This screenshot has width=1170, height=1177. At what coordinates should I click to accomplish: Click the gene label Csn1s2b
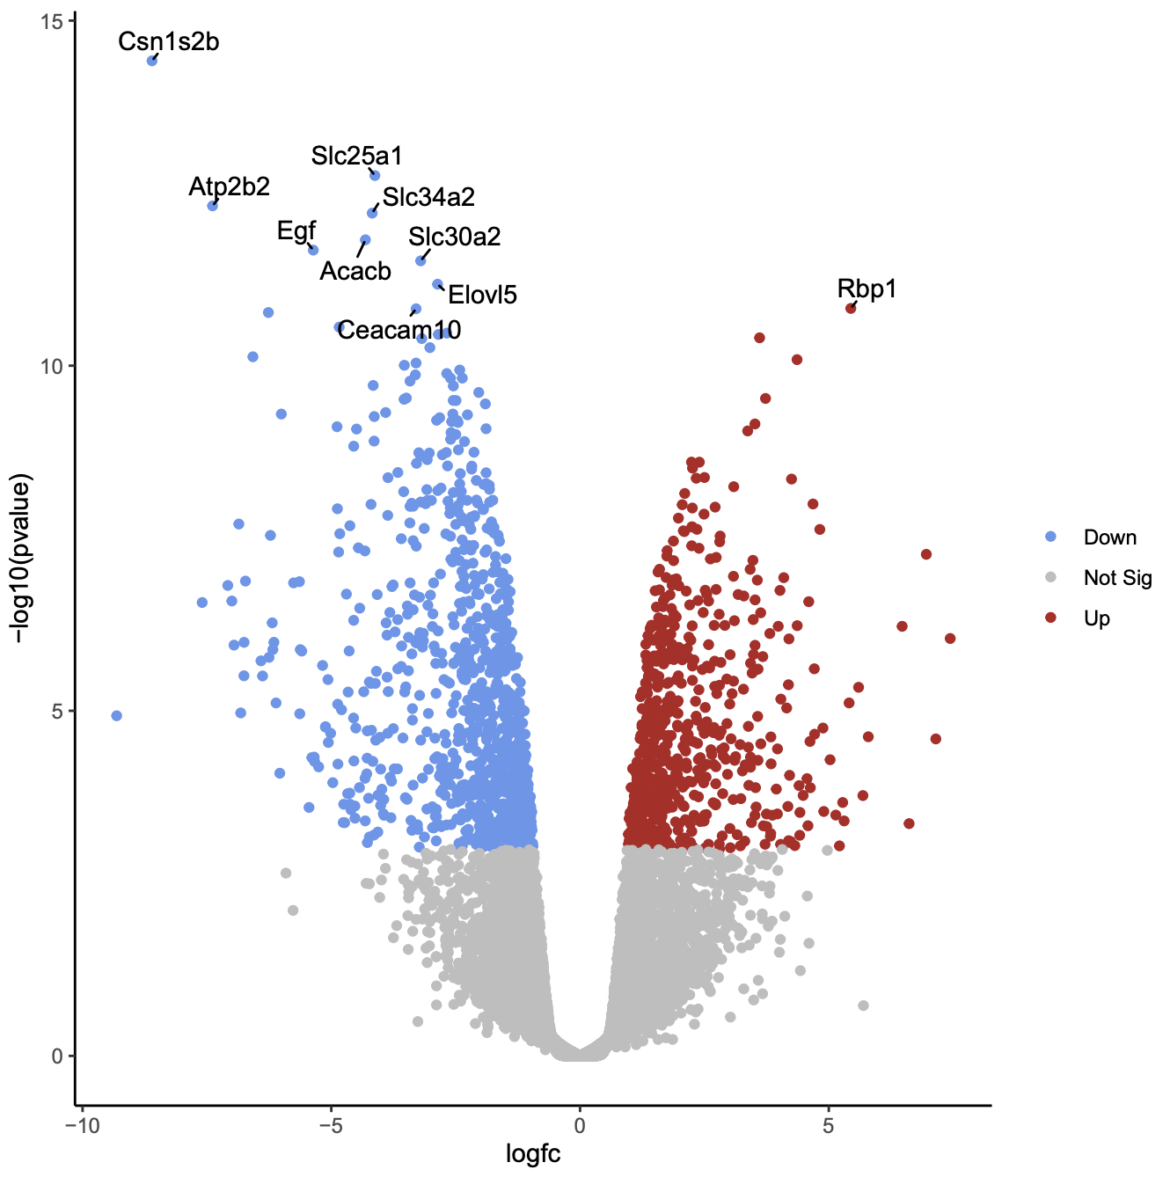click(x=169, y=41)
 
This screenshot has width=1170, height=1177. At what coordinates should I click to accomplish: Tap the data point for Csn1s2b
click(x=152, y=61)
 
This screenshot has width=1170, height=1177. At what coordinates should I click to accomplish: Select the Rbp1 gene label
click(x=867, y=289)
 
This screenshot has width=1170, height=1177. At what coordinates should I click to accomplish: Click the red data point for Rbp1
click(x=851, y=309)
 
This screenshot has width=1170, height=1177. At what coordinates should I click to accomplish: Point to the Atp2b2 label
click(x=230, y=186)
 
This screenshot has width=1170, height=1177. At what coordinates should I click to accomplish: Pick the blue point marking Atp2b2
click(x=212, y=206)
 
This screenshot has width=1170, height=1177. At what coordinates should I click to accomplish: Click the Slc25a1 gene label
click(x=356, y=156)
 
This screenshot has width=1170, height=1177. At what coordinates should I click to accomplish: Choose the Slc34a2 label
click(x=428, y=197)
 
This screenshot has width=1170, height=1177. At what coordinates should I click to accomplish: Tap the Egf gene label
click(x=296, y=230)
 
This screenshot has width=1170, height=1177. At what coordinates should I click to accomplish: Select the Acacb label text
click(x=355, y=271)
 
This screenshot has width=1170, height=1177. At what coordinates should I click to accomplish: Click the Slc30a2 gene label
click(x=454, y=237)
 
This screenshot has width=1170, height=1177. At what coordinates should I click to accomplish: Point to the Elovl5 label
click(x=482, y=295)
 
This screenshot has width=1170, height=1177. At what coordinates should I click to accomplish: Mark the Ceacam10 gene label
click(x=399, y=330)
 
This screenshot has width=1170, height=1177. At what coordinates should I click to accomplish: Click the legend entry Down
click(x=1109, y=537)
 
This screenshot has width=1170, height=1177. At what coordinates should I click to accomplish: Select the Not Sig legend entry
click(x=1117, y=578)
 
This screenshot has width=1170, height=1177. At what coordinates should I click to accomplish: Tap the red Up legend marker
click(x=1050, y=618)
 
